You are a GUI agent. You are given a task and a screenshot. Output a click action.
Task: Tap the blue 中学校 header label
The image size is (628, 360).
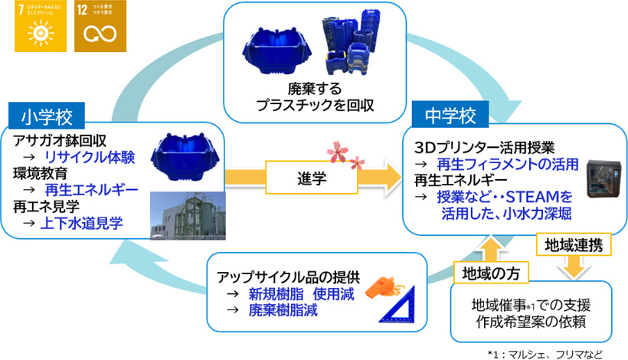pos(450,116)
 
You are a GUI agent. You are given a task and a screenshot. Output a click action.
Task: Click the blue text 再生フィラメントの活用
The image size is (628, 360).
pos(505,165)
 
